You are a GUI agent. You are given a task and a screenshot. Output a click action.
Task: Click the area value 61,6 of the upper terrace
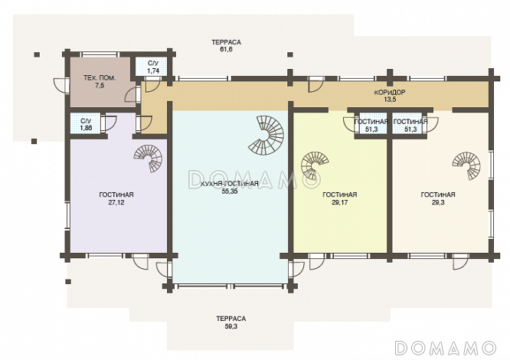226,50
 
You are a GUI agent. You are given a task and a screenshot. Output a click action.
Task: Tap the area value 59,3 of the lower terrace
231,326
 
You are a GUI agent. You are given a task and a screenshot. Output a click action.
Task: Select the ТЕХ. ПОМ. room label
100,78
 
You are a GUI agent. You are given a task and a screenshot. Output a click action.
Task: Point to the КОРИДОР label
390,93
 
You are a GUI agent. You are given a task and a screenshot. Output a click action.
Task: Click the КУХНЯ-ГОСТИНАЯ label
230,184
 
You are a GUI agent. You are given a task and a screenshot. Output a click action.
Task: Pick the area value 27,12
116,202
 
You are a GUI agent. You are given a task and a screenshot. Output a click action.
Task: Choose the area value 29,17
340,202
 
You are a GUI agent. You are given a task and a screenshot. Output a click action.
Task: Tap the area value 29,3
438,202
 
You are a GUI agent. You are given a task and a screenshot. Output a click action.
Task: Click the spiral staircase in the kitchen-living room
266,135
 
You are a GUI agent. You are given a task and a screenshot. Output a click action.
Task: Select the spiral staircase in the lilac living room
148,159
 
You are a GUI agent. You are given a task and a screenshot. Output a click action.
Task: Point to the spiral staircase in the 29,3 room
466,166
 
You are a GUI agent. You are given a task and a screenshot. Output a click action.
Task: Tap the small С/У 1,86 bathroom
87,123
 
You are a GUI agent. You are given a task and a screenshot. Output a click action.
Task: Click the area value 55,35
230,191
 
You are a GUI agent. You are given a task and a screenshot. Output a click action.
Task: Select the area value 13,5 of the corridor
390,100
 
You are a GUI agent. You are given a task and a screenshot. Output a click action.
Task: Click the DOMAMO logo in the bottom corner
445,348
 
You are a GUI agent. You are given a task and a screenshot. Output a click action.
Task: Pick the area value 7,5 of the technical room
100,86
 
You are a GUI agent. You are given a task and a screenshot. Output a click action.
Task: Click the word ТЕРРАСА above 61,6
226,42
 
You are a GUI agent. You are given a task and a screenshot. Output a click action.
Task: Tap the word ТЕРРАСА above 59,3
231,319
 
